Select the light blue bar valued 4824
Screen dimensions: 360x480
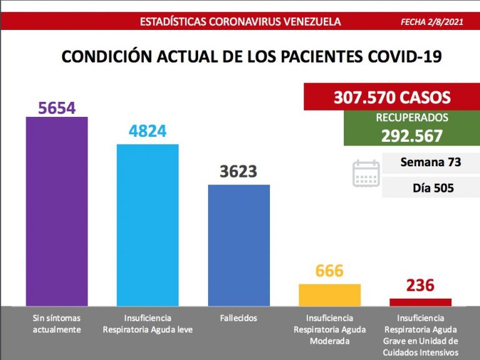pos(147,225)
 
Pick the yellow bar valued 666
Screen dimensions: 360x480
pos(330,294)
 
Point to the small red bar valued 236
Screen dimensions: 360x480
pos(421,302)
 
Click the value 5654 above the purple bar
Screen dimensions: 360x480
pos(56,108)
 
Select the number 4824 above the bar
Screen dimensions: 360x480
pos(147,132)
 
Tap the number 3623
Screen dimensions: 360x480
pos(239,172)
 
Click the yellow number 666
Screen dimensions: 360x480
pos(329,271)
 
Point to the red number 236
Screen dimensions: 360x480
pos(420,286)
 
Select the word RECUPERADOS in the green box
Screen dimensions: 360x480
pos(412,117)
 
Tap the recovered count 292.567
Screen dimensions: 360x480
pos(412,136)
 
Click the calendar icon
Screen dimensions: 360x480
pos(366,173)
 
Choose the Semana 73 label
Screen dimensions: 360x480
pos(430,162)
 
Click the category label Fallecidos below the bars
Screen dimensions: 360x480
pos(238,318)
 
